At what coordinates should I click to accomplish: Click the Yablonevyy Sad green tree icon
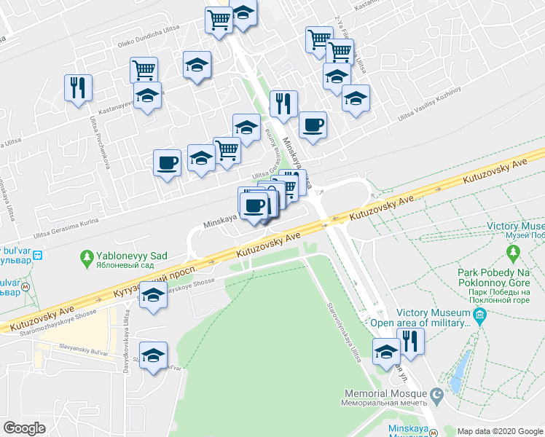point(87,257)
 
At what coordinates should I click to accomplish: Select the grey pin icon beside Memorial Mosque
point(436,396)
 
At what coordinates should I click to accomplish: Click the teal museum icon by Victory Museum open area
point(479,316)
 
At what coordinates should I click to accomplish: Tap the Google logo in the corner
point(24,428)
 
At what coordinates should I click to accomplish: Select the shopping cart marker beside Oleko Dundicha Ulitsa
point(144,70)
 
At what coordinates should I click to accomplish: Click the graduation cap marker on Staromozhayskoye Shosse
point(153,296)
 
